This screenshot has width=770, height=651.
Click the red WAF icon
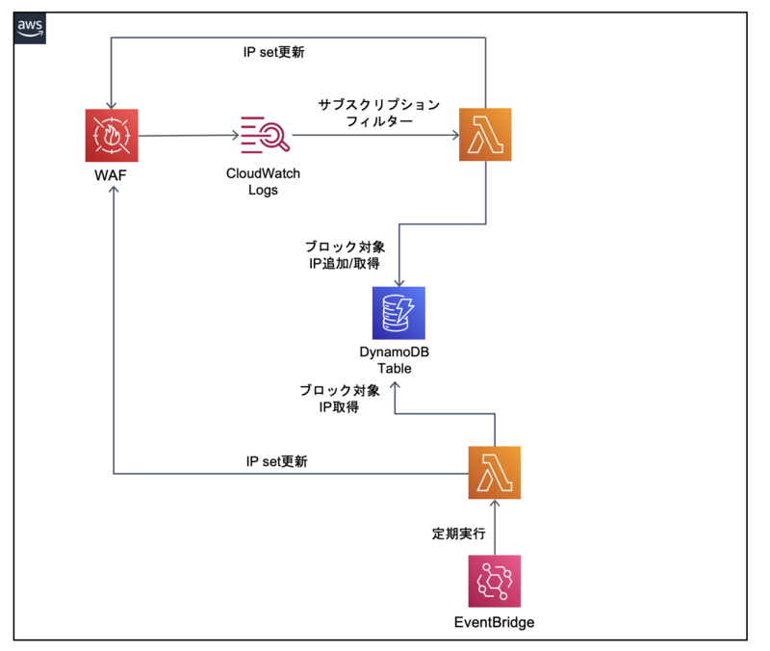tap(112, 136)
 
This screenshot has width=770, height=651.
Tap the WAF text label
tap(113, 177)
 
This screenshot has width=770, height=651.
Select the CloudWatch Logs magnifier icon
tap(265, 136)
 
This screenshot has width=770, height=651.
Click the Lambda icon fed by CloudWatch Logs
tap(486, 135)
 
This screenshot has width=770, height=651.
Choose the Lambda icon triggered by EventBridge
tap(495, 473)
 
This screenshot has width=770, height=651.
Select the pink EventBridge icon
tap(495, 581)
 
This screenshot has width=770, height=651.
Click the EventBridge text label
tap(494, 622)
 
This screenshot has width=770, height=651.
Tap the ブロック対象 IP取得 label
tap(339, 399)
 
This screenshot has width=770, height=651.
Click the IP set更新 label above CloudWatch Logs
tap(274, 52)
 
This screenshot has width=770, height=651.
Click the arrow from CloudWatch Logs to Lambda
tap(375, 136)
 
